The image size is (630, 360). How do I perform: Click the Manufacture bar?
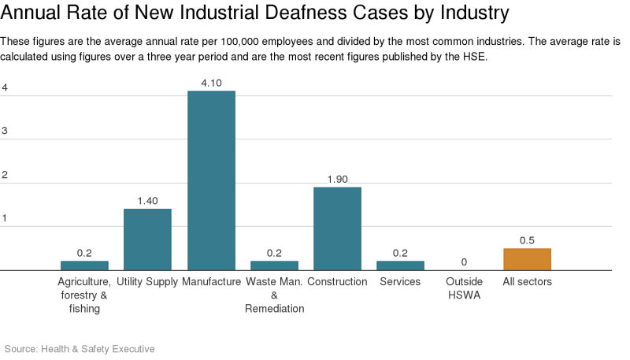click(211, 180)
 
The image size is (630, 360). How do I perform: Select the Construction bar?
click(337, 228)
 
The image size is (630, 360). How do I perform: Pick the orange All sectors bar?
click(527, 259)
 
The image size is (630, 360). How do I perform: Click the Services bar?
click(400, 265)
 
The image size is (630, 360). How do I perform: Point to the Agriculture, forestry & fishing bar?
click(84, 265)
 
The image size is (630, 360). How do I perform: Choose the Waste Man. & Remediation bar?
click(274, 265)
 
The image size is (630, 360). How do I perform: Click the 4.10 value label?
click(211, 83)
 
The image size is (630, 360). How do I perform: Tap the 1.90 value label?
click(337, 179)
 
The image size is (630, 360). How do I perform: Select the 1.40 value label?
click(147, 201)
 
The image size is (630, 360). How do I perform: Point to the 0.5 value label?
click(527, 240)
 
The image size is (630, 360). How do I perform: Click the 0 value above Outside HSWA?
click(464, 262)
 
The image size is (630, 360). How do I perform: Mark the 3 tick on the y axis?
click(5, 131)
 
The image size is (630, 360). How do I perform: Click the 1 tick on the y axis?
click(5, 218)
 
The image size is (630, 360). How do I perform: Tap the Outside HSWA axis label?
click(464, 288)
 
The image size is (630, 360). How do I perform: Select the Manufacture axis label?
click(211, 281)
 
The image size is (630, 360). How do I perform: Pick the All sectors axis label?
click(527, 281)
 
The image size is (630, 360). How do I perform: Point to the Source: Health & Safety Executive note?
click(80, 348)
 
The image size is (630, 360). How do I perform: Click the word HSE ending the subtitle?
click(476, 58)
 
